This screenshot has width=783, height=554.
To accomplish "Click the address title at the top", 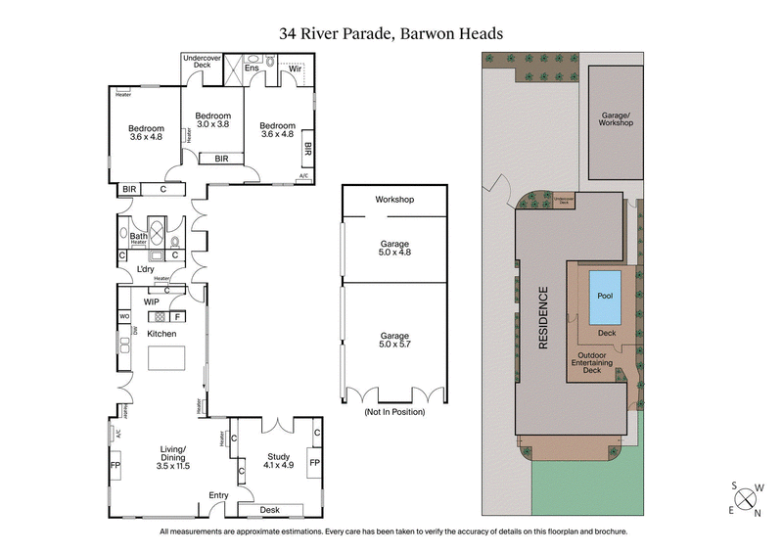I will (x=391, y=33).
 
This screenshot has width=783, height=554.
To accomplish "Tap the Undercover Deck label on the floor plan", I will (x=203, y=61).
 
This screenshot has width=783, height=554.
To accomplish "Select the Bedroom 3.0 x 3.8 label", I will (x=212, y=119).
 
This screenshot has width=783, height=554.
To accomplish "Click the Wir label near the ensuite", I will (x=293, y=69).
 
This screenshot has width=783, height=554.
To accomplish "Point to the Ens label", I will (x=252, y=69).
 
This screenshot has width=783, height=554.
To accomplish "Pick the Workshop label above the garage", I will (x=394, y=200).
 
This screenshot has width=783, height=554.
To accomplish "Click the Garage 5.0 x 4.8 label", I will (x=394, y=248).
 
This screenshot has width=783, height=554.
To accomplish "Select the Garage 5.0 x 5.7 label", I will (x=394, y=340).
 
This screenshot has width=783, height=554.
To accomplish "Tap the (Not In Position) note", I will (x=394, y=413).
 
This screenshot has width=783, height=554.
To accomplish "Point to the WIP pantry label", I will (x=151, y=302).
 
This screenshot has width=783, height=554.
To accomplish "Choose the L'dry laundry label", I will (x=146, y=269).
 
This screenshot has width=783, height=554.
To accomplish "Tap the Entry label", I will (x=217, y=496).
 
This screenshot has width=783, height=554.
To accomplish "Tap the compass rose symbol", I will (x=749, y=497).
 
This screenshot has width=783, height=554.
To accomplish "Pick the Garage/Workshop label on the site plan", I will (x=616, y=118).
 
